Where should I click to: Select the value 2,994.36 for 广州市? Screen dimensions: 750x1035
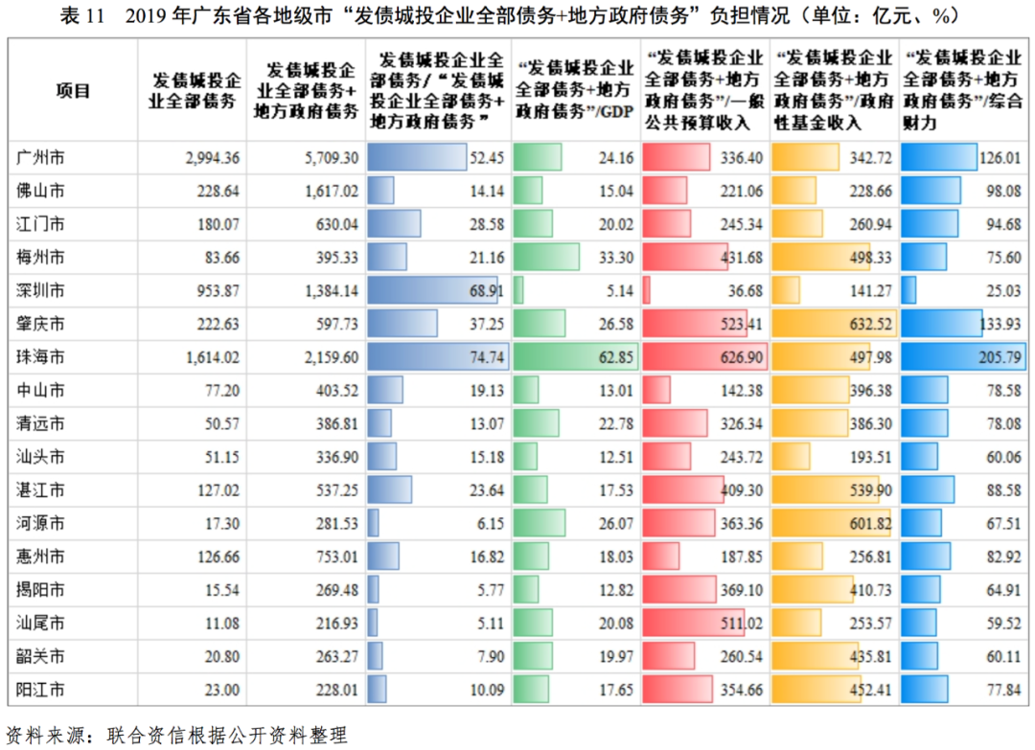pos(212,157)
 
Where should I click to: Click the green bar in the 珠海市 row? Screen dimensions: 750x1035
pos(575,357)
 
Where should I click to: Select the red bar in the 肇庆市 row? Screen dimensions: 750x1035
pos(695,324)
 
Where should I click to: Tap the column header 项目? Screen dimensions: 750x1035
pos(72,92)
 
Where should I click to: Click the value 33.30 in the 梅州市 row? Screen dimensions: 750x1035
pos(613,257)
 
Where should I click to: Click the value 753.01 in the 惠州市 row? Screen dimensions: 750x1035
pos(336,557)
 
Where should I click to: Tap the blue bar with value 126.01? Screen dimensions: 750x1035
pos(939,157)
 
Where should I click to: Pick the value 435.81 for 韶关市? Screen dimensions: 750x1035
pos(870,657)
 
